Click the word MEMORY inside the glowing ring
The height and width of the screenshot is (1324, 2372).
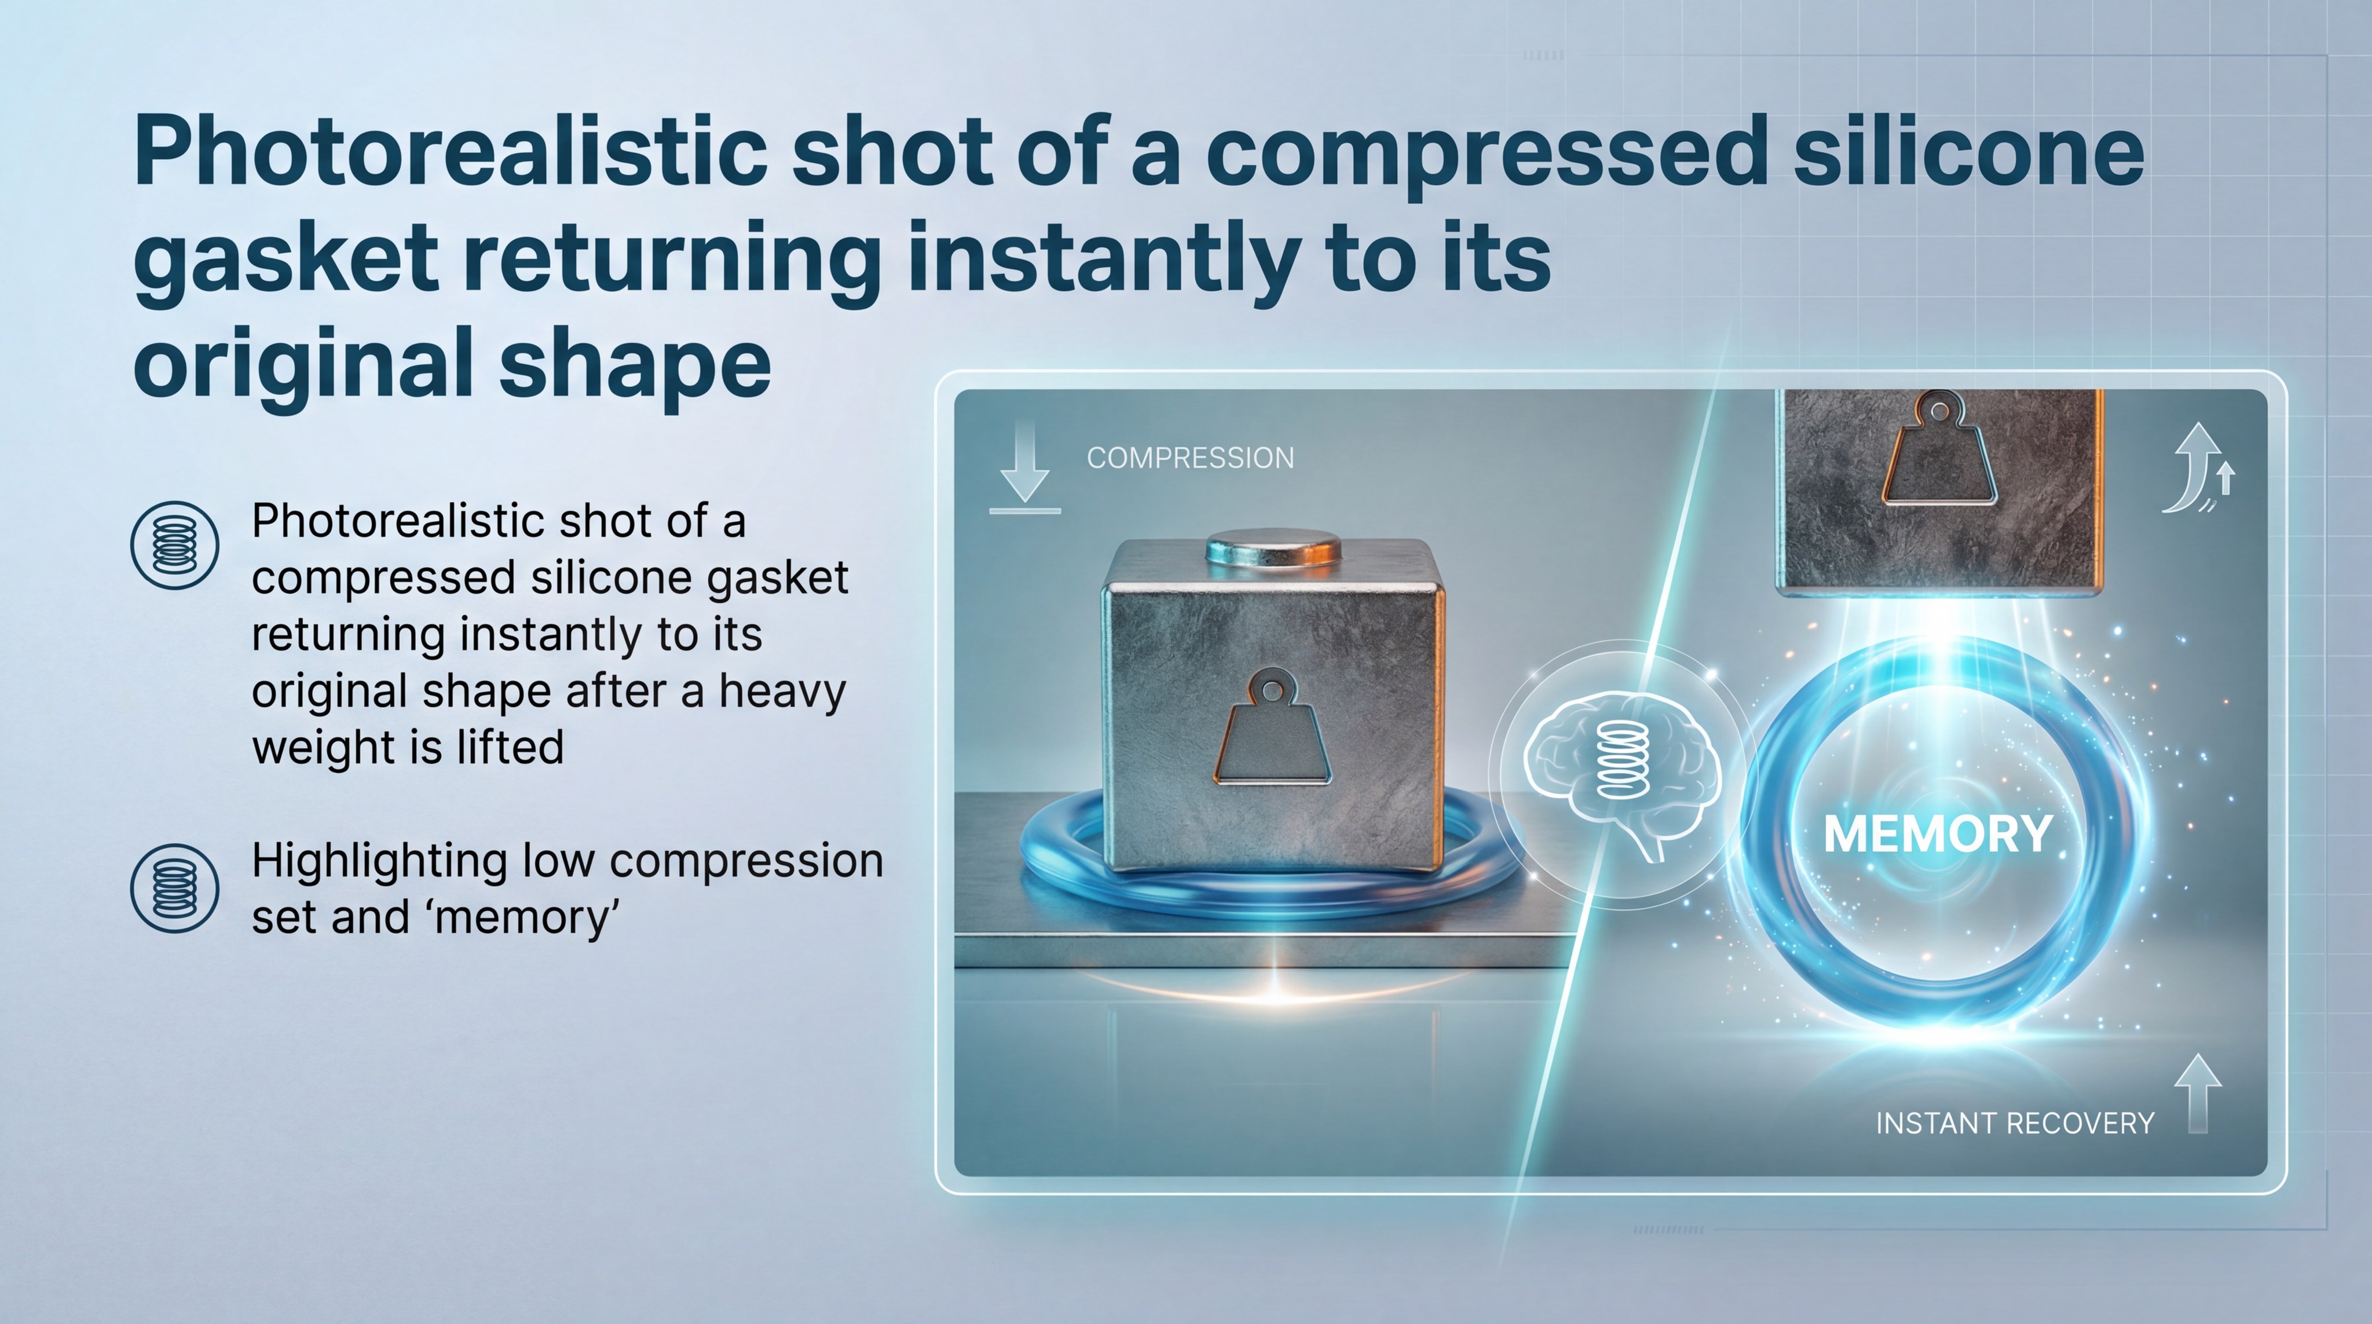pos(1937,834)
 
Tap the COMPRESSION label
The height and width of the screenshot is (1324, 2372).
pos(1189,458)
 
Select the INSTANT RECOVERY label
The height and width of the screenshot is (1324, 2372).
pos(2015,1123)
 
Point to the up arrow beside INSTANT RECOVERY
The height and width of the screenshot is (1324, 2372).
pos(2198,1094)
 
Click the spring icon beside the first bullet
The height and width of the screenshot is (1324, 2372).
pos(175,545)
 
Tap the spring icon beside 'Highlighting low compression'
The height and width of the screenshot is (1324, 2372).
pos(175,888)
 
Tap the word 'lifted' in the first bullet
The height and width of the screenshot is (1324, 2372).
pos(508,746)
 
